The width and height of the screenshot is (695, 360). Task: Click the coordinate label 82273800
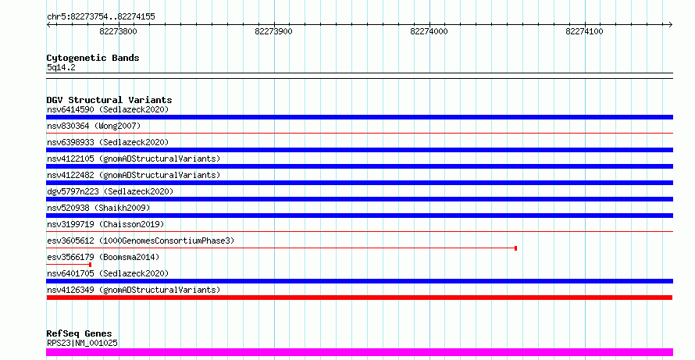click(119, 31)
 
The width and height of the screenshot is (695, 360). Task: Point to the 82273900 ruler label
click(273, 31)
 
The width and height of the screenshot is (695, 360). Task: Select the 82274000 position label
click(429, 31)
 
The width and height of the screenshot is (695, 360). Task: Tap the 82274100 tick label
click(584, 31)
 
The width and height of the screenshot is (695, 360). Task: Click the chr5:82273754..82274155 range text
click(101, 17)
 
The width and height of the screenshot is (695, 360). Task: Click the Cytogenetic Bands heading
click(93, 58)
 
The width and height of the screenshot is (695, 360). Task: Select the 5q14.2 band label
click(61, 68)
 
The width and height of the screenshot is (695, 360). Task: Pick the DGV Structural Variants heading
click(109, 100)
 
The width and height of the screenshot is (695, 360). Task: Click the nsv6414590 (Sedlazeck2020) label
click(108, 109)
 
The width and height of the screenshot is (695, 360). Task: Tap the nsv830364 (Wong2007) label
click(94, 126)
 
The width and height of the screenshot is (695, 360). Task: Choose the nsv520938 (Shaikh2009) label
click(98, 208)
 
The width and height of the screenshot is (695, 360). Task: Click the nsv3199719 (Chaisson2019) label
click(105, 224)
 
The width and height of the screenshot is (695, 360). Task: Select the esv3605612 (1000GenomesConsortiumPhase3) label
click(141, 241)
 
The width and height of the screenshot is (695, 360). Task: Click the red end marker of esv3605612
click(515, 248)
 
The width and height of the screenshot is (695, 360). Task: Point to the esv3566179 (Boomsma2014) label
click(103, 257)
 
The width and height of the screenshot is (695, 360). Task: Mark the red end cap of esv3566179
click(90, 265)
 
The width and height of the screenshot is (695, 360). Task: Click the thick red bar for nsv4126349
click(359, 298)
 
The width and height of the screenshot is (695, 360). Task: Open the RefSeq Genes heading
click(80, 333)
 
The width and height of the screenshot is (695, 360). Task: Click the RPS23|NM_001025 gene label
click(82, 343)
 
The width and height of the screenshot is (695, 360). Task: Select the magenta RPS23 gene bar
click(359, 352)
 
